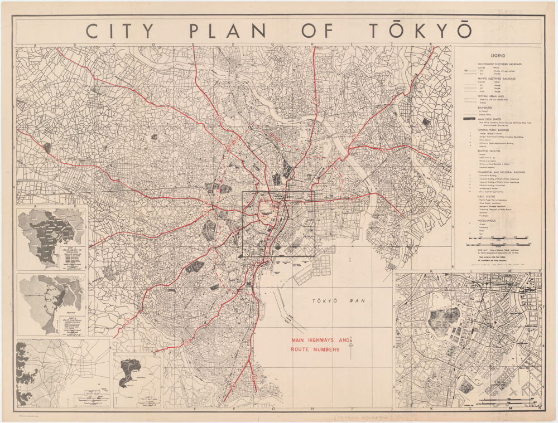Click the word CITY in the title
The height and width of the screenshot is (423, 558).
coord(121,31)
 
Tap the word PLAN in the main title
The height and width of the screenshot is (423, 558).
coord(234,31)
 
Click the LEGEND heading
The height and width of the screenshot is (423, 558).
coord(498,56)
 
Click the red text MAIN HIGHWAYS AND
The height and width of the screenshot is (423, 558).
coord(320,340)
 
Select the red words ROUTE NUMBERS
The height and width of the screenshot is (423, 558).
coord(315,349)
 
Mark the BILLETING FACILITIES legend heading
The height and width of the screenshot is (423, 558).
coord(491,150)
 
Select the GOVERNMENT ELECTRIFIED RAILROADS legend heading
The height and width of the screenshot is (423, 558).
coord(499,64)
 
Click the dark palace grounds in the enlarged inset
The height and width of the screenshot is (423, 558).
coord(444,318)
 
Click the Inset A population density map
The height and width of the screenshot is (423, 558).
coord(51,237)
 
